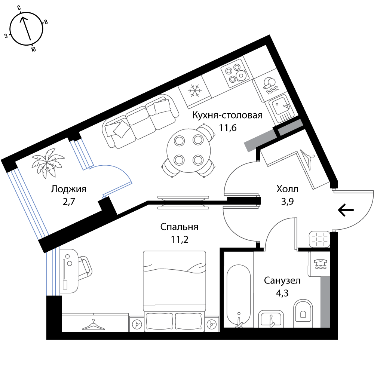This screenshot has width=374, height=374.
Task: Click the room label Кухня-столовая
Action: click(x=227, y=116)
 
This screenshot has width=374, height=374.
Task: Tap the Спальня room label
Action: click(x=179, y=227)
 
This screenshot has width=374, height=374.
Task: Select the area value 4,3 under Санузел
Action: click(x=282, y=293)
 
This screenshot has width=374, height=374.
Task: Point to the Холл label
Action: click(x=287, y=189)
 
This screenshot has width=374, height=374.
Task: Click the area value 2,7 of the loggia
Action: click(x=69, y=202)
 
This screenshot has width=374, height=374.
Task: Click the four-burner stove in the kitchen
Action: click(x=235, y=73)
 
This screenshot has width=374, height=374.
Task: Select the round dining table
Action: click(x=188, y=150)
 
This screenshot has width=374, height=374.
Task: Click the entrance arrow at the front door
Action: click(x=346, y=210)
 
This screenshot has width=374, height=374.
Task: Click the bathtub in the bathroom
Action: click(x=238, y=295)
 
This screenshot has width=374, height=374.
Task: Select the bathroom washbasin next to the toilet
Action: click(x=271, y=319)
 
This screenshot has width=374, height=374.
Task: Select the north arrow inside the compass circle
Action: click(x=26, y=28)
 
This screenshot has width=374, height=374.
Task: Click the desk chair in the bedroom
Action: click(x=85, y=268)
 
